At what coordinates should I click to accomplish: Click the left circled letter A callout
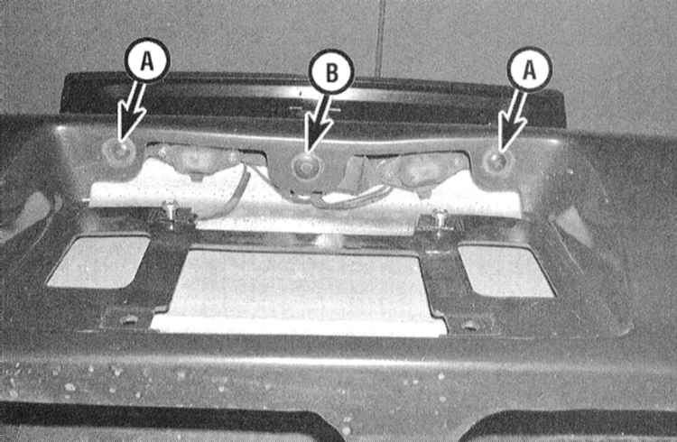click(147, 60)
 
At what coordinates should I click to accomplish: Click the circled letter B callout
click(331, 71)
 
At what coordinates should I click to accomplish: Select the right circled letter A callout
click(529, 69)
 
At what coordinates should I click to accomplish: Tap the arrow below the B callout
click(318, 123)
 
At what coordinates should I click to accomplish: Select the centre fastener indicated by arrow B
click(306, 164)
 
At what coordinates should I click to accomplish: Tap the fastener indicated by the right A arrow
click(496, 161)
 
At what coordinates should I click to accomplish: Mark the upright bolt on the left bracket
click(172, 212)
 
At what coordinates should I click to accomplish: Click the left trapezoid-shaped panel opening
click(100, 262)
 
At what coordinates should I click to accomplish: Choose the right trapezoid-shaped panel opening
click(505, 271)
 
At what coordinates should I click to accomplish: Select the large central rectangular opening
click(299, 290)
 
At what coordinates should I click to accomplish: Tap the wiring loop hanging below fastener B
click(341, 198)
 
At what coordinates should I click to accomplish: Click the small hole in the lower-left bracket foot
click(129, 320)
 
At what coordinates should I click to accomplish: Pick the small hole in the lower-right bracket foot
click(469, 326)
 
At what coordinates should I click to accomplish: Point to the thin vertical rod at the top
click(380, 38)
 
